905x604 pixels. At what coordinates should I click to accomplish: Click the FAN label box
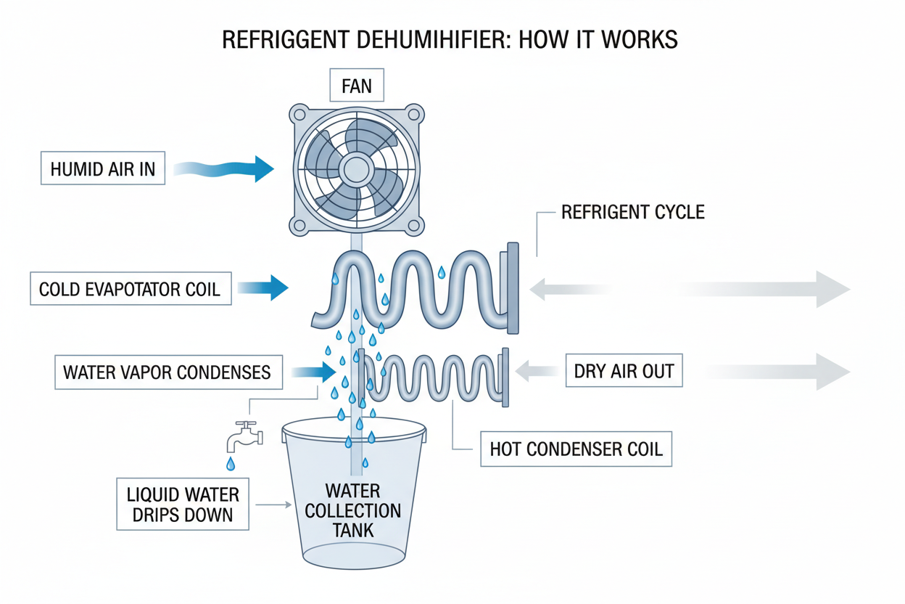click(x=356, y=86)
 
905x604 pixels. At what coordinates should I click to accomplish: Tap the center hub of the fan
click(x=356, y=170)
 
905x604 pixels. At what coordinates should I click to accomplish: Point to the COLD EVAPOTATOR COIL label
click(x=130, y=290)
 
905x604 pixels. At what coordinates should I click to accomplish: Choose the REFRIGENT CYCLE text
click(x=633, y=213)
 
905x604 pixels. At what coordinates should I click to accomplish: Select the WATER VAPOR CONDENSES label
click(x=168, y=373)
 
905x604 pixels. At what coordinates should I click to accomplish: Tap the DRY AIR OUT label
click(x=624, y=372)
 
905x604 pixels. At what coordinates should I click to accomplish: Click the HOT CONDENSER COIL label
click(x=576, y=449)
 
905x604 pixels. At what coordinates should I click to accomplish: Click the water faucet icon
click(x=242, y=436)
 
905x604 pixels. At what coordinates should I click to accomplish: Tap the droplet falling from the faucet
click(x=231, y=463)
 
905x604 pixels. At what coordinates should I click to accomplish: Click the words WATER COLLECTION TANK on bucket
click(x=353, y=510)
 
